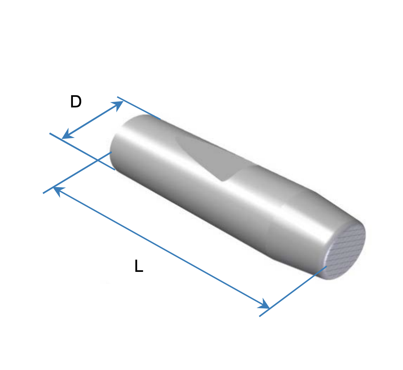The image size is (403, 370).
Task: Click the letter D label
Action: pyautogui.click(x=76, y=101)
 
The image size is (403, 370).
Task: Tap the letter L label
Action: pyautogui.click(x=139, y=266)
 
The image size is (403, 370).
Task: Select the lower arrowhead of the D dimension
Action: pyautogui.click(x=67, y=134)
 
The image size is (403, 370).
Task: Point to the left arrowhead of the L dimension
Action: pyautogui.click(x=58, y=191)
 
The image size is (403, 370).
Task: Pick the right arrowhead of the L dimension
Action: pyautogui.click(x=264, y=304)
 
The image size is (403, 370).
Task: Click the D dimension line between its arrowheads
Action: pyautogui.click(x=92, y=120)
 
